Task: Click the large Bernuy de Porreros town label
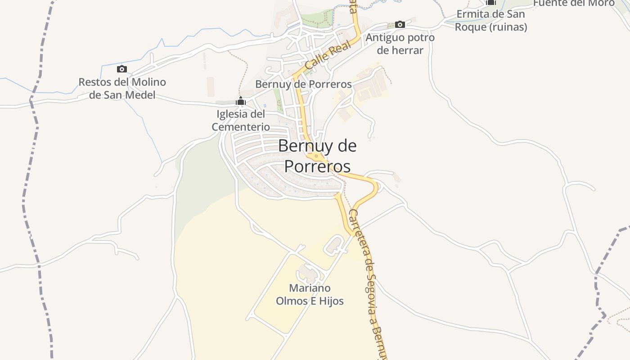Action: click(x=317, y=156)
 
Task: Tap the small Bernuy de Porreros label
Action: click(x=303, y=84)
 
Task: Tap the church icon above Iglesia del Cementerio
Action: click(x=241, y=101)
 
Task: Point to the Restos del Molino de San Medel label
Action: click(x=122, y=88)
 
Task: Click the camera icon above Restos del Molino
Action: click(x=121, y=69)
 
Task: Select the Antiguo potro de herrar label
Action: click(x=400, y=44)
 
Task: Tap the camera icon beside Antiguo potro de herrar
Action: click(x=400, y=24)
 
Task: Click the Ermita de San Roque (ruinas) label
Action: click(x=490, y=20)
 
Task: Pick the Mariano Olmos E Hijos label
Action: click(x=310, y=294)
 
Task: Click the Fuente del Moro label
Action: click(x=573, y=3)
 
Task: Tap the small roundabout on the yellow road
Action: click(x=317, y=156)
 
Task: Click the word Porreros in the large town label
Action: click(x=317, y=166)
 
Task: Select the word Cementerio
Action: click(x=241, y=127)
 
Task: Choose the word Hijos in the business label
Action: click(x=330, y=301)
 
